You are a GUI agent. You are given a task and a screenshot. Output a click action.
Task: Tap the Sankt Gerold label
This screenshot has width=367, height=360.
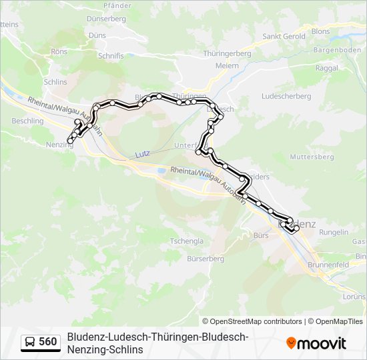284,36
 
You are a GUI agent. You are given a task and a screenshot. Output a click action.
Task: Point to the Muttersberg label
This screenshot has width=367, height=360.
312,157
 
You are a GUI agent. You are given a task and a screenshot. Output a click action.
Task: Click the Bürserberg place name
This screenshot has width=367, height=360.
206,258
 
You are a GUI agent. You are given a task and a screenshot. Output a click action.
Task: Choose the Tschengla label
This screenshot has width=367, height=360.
186,241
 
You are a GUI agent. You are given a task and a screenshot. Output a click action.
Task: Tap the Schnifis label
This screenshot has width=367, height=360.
111,56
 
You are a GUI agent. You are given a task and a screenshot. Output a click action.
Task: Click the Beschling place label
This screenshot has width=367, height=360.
27,121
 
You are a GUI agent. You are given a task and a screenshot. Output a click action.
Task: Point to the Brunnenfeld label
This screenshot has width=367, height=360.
328,265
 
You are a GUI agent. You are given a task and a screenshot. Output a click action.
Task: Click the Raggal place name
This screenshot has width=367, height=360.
326,68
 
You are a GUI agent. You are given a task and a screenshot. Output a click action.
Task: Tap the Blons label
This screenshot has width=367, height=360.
320,31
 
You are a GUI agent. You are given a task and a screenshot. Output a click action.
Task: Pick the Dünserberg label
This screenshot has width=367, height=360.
106,19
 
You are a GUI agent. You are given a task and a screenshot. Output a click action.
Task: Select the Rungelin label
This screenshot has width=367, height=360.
334,232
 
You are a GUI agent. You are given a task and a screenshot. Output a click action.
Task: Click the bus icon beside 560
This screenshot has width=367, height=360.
30,342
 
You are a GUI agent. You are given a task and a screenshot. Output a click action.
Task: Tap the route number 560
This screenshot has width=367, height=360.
48,342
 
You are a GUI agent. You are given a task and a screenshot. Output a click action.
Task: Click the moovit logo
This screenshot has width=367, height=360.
316,343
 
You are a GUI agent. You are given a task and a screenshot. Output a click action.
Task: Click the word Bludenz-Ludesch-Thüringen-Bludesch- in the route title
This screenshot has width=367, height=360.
158,337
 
